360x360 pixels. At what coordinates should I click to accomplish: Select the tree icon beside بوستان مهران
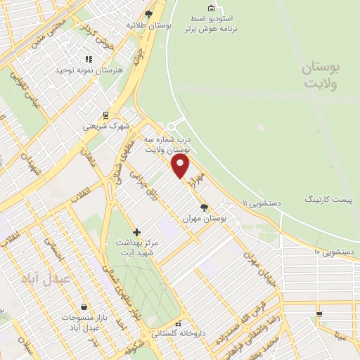204,207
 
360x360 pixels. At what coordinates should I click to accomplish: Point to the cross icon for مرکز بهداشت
137,232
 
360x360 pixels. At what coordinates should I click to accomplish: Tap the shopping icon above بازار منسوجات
84,307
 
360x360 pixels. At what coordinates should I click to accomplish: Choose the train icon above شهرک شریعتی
105,115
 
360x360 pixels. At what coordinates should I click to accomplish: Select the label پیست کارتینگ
327,200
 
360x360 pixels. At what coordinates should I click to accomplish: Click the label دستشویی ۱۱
262,203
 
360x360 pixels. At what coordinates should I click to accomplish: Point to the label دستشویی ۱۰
334,251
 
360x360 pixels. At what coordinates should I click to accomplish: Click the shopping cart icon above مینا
319,314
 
